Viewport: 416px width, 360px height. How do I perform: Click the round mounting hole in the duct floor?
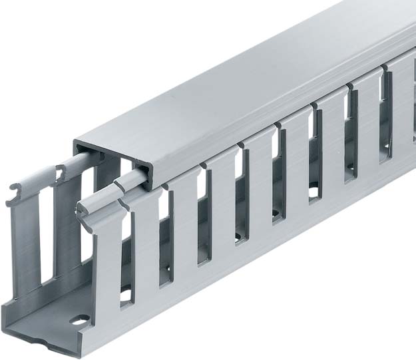coord(79,320)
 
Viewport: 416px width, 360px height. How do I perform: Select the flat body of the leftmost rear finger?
coord(25,246)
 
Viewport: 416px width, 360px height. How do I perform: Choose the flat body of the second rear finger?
coord(67,226)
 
